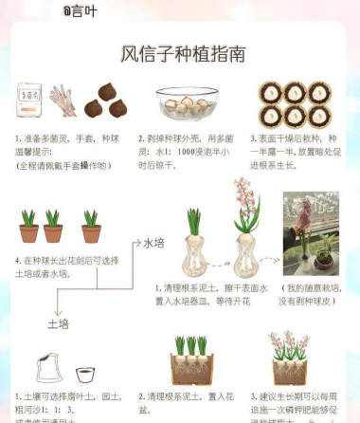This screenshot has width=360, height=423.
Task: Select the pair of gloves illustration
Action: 63,99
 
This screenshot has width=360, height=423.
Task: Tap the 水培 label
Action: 154,243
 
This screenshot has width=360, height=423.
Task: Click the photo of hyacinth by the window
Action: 310,233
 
